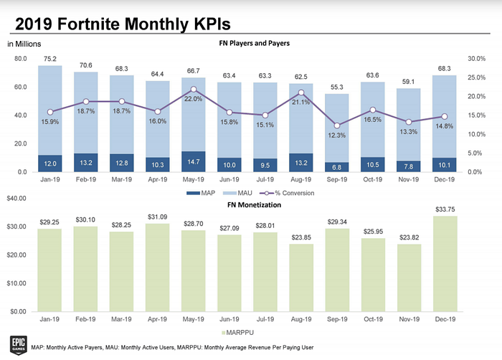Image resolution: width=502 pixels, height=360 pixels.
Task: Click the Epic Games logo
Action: pyautogui.click(x=18, y=345)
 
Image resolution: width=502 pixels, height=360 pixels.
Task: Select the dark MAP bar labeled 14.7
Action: pyautogui.click(x=194, y=162)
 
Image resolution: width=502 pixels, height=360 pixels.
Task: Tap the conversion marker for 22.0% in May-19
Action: pyautogui.click(x=194, y=90)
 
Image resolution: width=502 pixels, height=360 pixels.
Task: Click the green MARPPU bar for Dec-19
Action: pyautogui.click(x=445, y=264)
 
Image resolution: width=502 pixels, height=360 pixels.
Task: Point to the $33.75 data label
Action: pyautogui.click(x=445, y=209)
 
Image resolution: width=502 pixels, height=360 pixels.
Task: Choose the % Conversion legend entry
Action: pyautogui.click(x=287, y=193)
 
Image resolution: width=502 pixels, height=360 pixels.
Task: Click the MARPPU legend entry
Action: pyautogui.click(x=237, y=333)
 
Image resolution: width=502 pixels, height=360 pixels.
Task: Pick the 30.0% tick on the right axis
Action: pyautogui.click(x=476, y=59)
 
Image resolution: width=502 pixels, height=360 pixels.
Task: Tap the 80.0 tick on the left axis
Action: pyautogui.click(x=21, y=59)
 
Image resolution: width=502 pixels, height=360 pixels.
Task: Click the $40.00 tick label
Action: pyautogui.click(x=16, y=198)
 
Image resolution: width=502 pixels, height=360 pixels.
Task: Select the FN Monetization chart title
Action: pyautogui.click(x=254, y=205)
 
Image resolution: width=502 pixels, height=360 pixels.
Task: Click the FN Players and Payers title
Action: pyautogui.click(x=254, y=43)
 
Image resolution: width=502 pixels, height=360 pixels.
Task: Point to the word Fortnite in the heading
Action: pyautogui.click(x=90, y=24)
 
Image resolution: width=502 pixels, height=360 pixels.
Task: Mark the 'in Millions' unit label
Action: pyautogui.click(x=24, y=44)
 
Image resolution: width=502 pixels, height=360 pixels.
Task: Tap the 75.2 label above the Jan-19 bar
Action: pyautogui.click(x=50, y=59)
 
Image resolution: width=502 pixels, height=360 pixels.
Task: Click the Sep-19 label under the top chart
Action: pyautogui.click(x=337, y=179)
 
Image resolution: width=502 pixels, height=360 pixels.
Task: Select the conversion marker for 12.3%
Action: pyautogui.click(x=337, y=125)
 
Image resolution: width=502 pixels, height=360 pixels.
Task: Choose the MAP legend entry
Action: pyautogui.click(x=201, y=193)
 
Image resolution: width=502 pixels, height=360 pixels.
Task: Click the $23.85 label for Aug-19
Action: pyautogui.click(x=301, y=237)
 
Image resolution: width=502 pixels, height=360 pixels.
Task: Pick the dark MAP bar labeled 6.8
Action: pyautogui.click(x=337, y=167)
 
